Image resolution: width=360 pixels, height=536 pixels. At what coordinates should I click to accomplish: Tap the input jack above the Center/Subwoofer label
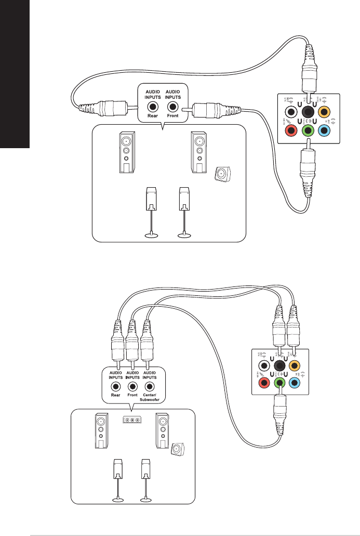(x=150, y=386)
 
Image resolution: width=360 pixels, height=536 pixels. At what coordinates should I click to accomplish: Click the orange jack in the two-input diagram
(x=324, y=111)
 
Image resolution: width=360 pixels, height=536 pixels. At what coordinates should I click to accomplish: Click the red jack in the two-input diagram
(x=292, y=130)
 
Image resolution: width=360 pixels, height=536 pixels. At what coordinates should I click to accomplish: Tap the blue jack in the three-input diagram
(x=295, y=384)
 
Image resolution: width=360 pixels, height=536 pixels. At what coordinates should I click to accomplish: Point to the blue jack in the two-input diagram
(x=324, y=130)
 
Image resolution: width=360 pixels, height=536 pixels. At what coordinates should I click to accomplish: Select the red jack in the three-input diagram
(x=263, y=384)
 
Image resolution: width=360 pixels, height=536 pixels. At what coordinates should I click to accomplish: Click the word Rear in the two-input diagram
(x=152, y=116)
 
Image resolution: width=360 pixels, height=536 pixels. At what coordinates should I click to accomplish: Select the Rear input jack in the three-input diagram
(x=116, y=386)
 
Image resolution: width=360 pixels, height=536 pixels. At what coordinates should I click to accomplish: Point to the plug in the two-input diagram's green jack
(x=308, y=166)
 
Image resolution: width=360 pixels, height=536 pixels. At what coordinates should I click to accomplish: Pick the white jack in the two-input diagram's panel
(x=292, y=111)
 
